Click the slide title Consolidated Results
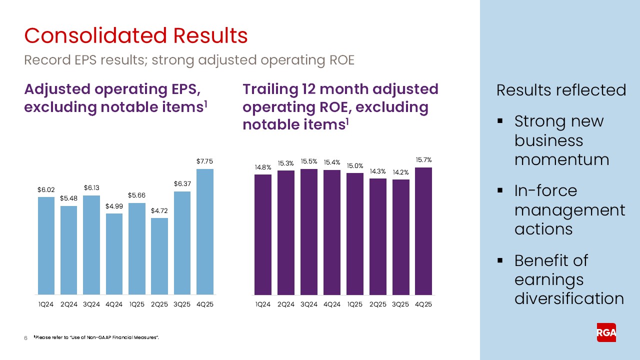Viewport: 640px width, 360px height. coord(136,36)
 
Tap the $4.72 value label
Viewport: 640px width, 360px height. coord(159,211)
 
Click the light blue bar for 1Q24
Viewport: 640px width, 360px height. coord(46,245)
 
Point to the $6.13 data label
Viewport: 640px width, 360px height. coord(91,188)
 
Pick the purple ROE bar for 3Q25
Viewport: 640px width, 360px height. coord(401,237)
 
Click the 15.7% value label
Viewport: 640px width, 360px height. coord(423,160)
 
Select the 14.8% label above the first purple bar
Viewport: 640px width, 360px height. coord(262,167)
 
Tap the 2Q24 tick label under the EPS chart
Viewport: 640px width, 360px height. coord(68,304)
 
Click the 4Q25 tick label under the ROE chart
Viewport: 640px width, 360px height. coord(423,304)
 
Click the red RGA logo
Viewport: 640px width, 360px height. coord(606,332)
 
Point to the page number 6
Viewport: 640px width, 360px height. coord(25,339)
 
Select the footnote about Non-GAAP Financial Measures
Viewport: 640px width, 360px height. coord(96,338)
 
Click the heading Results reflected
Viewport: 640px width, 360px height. coord(561,90)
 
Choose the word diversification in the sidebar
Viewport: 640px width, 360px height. coord(569,298)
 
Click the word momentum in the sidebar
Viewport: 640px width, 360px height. coord(561,159)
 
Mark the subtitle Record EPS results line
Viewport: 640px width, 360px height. coord(189,60)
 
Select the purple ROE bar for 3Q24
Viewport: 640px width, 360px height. coord(309,232)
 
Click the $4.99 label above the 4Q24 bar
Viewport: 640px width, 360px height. coord(114,206)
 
